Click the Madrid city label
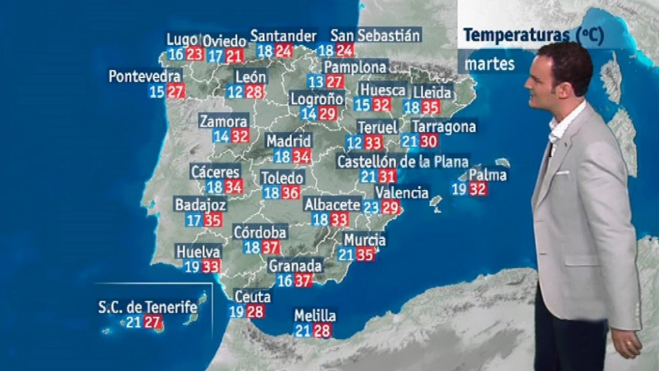click(288, 141)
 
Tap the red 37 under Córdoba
click(270, 247)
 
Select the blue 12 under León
click(235, 92)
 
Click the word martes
click(490, 64)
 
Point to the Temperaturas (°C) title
click(533, 35)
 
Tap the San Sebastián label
click(375, 35)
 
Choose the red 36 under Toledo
click(290, 193)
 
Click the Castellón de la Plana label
click(402, 161)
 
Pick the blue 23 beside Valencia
click(371, 207)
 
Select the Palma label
click(488, 175)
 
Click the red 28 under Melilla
click(322, 331)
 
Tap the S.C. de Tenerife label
click(147, 307)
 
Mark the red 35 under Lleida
click(430, 108)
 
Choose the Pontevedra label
click(145, 76)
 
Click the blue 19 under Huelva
click(192, 267)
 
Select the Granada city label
click(295, 266)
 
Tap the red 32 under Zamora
click(240, 136)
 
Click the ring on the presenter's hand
click(627, 343)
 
